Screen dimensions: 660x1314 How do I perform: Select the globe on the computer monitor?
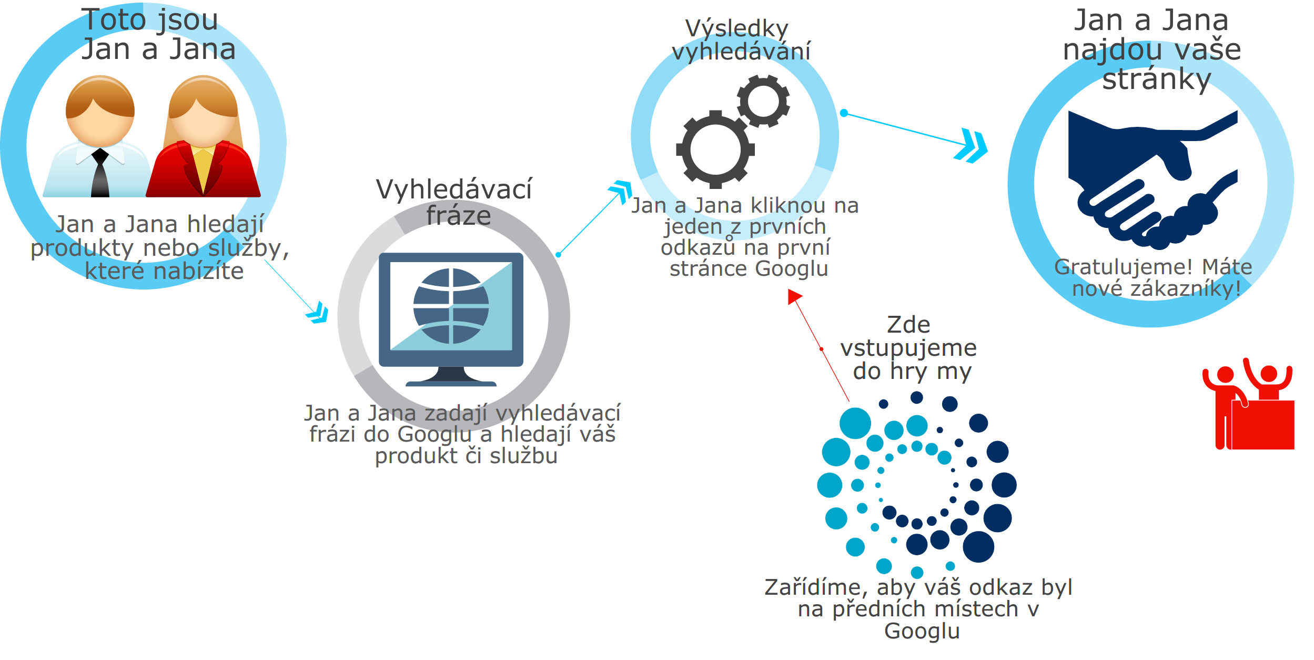pyautogui.click(x=451, y=306)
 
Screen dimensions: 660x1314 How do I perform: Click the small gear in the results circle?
pyautogui.click(x=763, y=101)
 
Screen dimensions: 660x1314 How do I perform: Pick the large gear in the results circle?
pyautogui.click(x=715, y=149)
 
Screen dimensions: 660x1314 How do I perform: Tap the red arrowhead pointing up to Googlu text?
pyautogui.click(x=794, y=297)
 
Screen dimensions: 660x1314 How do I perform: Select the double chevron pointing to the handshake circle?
pyautogui.click(x=972, y=145)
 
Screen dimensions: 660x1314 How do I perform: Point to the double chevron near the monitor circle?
pyautogui.click(x=318, y=313)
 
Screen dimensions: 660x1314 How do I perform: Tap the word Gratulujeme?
pyautogui.click(x=1124, y=267)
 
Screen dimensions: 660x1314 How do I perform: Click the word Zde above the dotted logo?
pyautogui.click(x=908, y=325)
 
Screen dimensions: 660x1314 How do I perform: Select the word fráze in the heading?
pyautogui.click(x=459, y=216)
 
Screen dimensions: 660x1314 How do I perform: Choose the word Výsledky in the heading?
pyautogui.click(x=736, y=28)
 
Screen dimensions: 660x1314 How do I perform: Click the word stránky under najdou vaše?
pyautogui.click(x=1156, y=79)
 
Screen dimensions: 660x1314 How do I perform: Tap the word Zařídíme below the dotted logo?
pyautogui.click(x=813, y=587)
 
